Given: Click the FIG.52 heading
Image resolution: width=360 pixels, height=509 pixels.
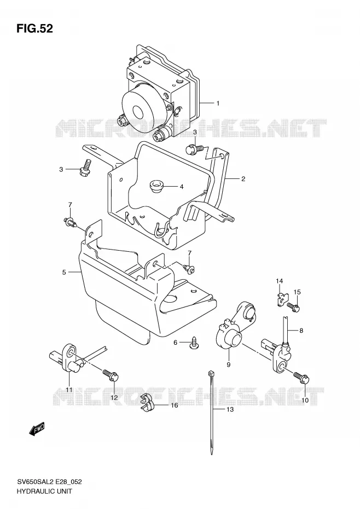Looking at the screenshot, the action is pos(34,28).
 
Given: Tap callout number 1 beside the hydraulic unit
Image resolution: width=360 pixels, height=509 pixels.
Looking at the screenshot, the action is pos(218,103).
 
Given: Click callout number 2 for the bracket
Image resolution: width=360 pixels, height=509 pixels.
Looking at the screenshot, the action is pos(243,178).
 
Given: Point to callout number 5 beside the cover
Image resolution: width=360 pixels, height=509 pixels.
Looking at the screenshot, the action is pos(64,272).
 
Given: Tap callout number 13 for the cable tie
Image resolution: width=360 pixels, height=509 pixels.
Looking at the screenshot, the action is pos(230,410).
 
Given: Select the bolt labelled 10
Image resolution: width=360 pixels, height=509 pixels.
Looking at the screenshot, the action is pos(301,378).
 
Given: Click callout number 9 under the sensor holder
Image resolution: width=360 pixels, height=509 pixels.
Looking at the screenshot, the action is pos(228,365).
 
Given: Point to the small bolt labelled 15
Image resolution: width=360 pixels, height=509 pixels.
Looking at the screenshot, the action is pos(293,306).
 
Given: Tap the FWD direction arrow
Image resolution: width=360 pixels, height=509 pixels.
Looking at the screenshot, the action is pos(36,430).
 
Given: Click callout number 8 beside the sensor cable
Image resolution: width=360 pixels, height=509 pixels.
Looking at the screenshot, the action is pos(301,331).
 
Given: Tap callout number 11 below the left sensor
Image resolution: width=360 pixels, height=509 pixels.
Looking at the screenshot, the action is pos(69,390).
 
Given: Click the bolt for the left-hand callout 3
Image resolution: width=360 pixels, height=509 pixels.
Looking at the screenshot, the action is pos(85,167).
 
